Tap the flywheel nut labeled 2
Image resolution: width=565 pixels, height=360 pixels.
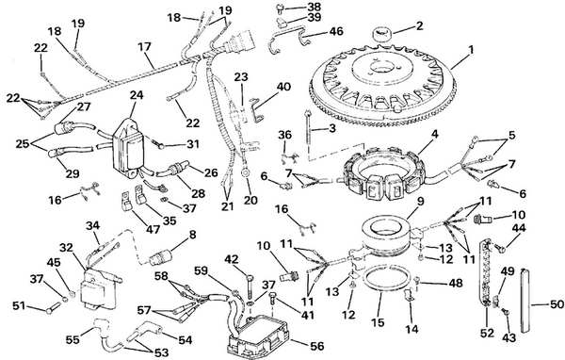380,36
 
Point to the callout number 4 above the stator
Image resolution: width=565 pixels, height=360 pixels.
434,135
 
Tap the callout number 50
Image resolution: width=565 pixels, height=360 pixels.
557,304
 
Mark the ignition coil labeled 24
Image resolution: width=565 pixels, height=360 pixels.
127,148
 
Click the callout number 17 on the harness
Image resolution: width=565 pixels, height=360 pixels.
144,47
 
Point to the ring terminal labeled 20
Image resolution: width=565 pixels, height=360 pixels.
246,173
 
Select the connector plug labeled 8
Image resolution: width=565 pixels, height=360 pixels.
161,258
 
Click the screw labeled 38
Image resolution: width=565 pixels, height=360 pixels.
281,7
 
